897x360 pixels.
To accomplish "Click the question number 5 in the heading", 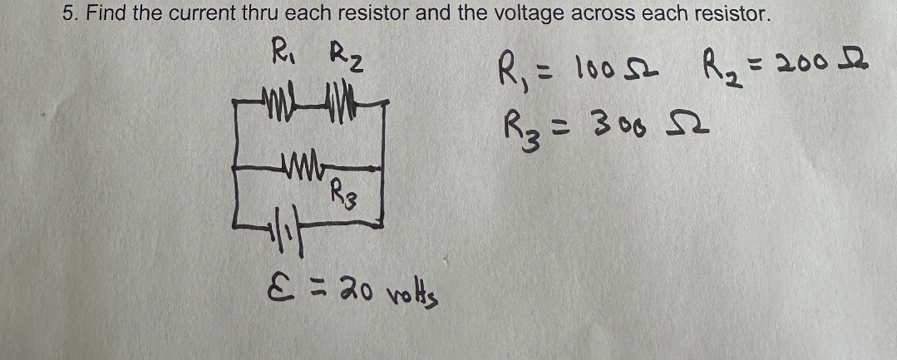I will click(69, 13).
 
